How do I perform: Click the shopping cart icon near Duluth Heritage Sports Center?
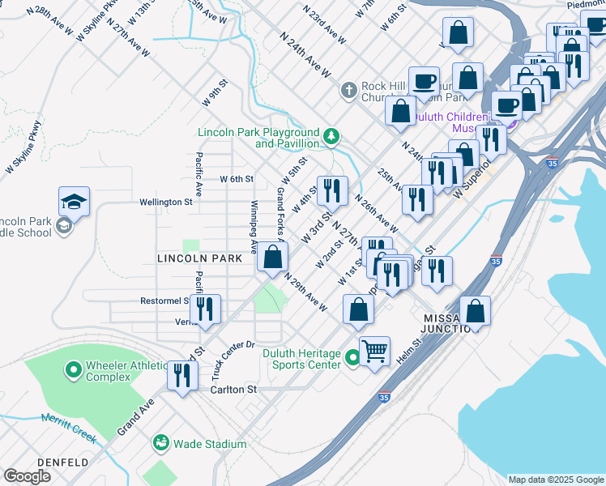[x=374, y=352]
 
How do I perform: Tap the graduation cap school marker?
[x=74, y=201]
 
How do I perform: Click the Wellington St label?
[x=165, y=202]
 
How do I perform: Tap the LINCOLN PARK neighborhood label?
[x=200, y=258]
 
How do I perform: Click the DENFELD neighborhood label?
[x=61, y=463]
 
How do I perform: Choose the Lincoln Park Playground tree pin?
[x=331, y=137]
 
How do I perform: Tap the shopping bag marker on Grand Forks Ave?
[x=273, y=257]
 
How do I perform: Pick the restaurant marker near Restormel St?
[x=204, y=309]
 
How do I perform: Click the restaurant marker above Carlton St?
[x=181, y=374]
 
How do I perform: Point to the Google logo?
[x=27, y=476]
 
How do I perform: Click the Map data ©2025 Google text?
[x=555, y=480]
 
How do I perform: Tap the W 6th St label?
[x=237, y=179]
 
